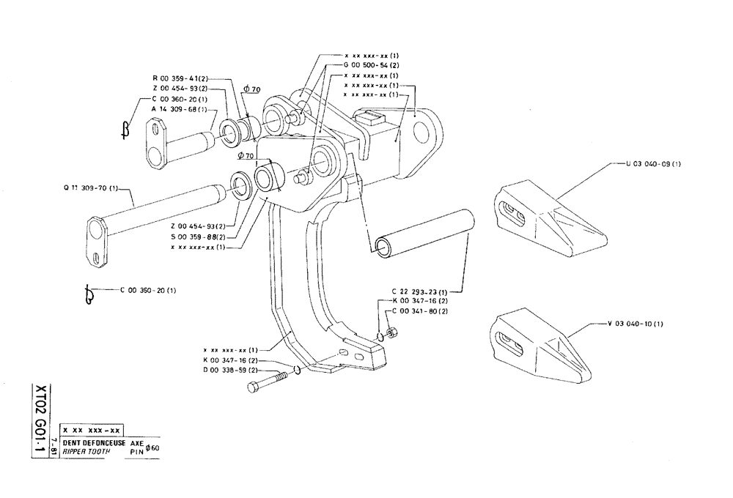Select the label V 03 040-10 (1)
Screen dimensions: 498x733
click(x=636, y=322)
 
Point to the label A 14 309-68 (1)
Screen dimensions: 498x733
click(x=178, y=108)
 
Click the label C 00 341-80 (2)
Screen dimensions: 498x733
click(x=421, y=310)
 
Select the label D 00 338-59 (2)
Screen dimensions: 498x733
click(x=230, y=370)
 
